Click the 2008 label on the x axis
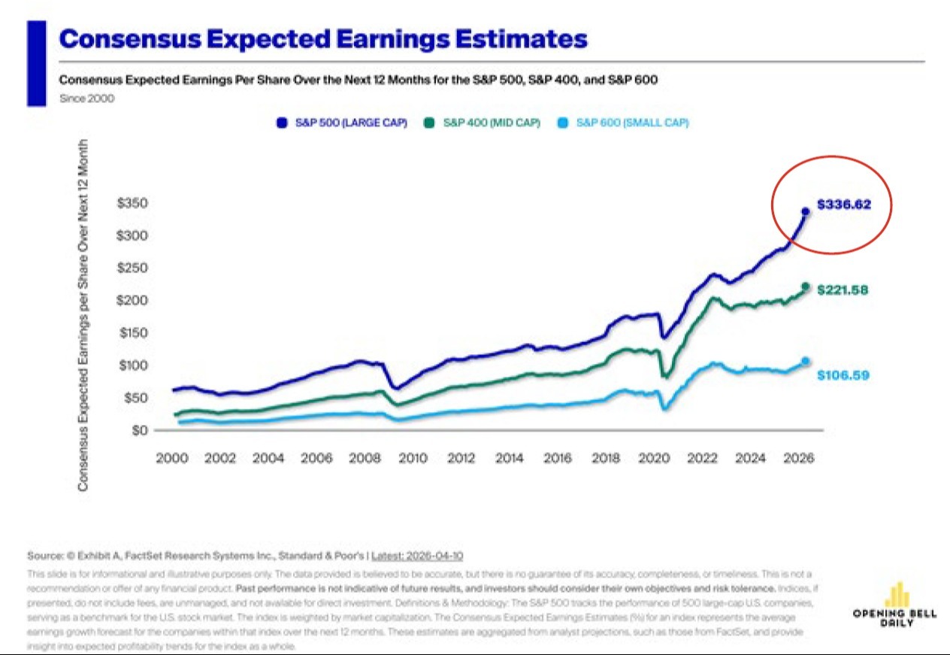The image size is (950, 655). click(x=366, y=458)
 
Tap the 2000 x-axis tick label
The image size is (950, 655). click(x=172, y=458)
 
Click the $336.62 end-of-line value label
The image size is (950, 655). click(x=844, y=204)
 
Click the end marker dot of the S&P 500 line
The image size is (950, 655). click(x=806, y=212)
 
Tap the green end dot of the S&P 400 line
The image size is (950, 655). click(x=806, y=287)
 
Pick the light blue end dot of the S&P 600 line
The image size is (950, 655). click(x=806, y=362)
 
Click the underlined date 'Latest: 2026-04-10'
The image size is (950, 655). click(x=417, y=556)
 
